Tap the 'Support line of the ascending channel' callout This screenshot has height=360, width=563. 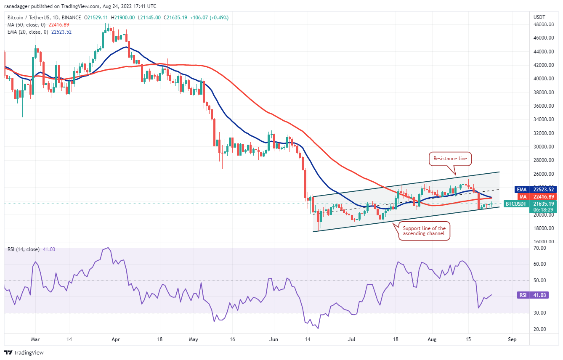point(424,231)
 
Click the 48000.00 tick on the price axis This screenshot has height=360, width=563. point(542,24)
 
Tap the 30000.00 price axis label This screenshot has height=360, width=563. point(542,147)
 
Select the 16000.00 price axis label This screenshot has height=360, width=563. point(542,242)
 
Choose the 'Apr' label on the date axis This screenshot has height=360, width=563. point(117,339)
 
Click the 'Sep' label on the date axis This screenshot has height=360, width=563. point(512,339)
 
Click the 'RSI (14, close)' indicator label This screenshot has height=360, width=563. point(24,249)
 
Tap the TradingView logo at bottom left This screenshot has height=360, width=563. point(24,352)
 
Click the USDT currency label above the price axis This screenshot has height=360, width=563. point(539,17)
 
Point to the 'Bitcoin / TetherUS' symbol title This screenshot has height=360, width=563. point(32,18)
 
